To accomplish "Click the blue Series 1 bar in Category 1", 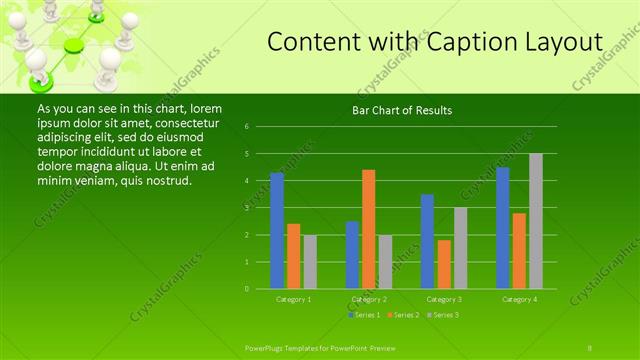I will click(277, 231).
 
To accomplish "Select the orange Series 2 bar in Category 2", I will click(369, 229).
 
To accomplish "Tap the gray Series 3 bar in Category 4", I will click(536, 221).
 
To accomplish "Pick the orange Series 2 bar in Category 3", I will click(444, 264).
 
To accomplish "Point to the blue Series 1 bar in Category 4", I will click(503, 228).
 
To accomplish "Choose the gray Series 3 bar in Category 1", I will click(310, 262).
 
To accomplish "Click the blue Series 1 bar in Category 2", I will click(352, 255).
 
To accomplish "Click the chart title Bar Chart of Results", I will click(402, 110).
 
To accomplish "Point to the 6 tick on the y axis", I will click(246, 127).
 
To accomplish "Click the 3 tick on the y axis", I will click(246, 208).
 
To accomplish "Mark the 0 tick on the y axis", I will click(246, 289).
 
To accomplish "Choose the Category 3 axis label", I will click(444, 299).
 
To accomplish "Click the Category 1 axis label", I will click(293, 299).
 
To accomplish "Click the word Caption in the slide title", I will click(464, 42).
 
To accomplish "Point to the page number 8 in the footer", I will click(590, 346).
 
